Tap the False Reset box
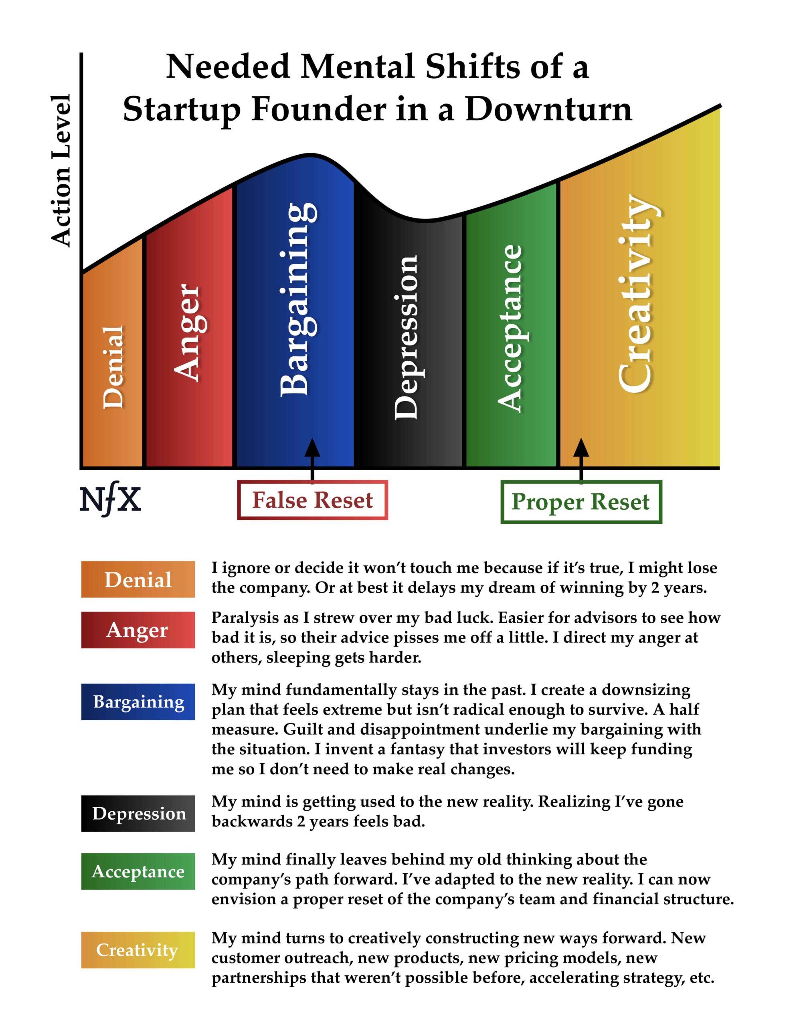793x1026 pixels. pyautogui.click(x=313, y=500)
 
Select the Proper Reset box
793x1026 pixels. pyautogui.click(x=581, y=502)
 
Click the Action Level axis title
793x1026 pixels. pyautogui.click(x=62, y=170)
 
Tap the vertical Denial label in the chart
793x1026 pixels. pyautogui.click(x=114, y=366)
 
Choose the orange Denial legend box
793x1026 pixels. pyautogui.click(x=138, y=579)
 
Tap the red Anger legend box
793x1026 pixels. pyautogui.click(x=138, y=630)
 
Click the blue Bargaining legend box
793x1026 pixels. pyautogui.click(x=138, y=702)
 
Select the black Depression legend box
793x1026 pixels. pyautogui.click(x=138, y=813)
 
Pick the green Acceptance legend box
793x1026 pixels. pyautogui.click(x=138, y=871)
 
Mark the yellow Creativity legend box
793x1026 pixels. pyautogui.click(x=138, y=950)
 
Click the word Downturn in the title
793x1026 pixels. pyautogui.click(x=548, y=110)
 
